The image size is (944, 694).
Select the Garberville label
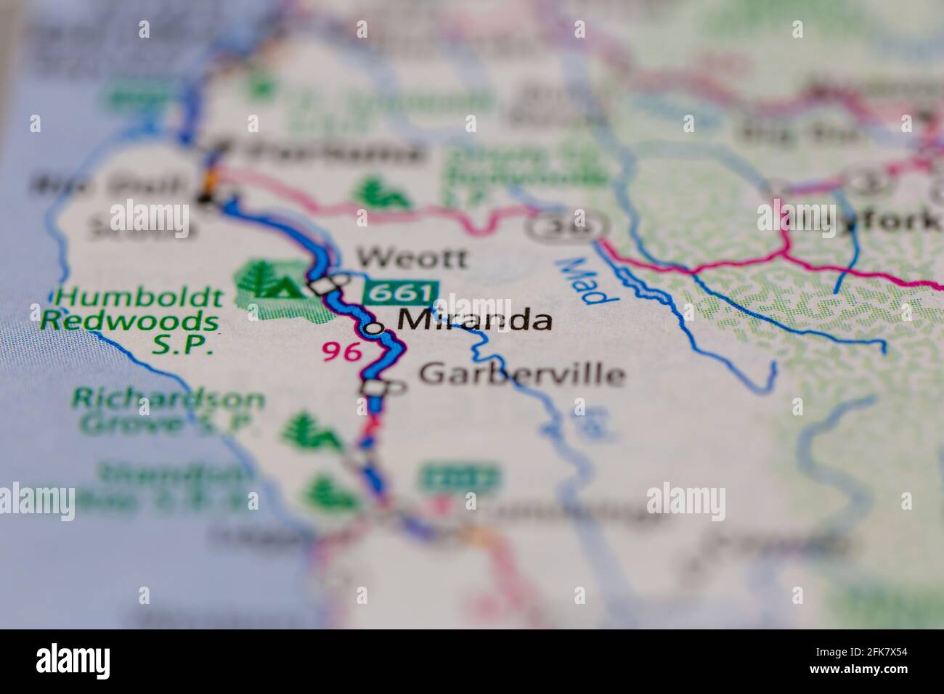click(x=521, y=374)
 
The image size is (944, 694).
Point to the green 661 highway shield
click(x=401, y=294)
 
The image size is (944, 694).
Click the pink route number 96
click(x=342, y=351)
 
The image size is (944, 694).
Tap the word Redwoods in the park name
click(x=130, y=320)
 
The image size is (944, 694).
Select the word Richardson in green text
click(x=168, y=399)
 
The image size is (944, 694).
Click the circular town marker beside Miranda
click(x=374, y=328)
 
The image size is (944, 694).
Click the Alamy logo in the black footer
click(x=73, y=661)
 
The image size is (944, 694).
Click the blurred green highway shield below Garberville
click(x=458, y=478)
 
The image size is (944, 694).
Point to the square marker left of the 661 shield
click(x=325, y=286)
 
